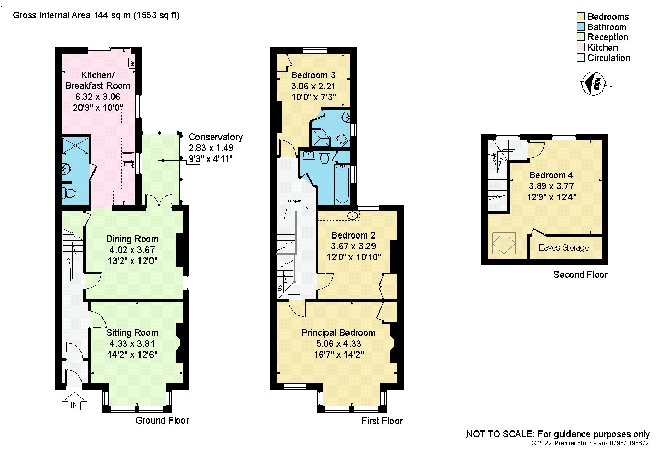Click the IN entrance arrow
74,401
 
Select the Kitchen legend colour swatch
581,48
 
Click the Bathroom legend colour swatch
581,27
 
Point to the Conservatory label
216,137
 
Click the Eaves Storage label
564,247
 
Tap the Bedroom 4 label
551,175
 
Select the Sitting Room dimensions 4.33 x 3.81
132,344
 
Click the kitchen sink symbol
129,164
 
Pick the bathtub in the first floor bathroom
343,184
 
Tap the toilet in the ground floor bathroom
69,193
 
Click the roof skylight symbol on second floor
504,243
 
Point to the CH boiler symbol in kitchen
132,62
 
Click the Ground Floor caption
162,420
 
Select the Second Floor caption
580,275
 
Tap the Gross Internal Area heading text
96,15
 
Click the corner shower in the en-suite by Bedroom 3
321,138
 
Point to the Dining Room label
132,239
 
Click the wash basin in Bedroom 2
353,215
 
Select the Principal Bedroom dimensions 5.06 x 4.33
339,344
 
